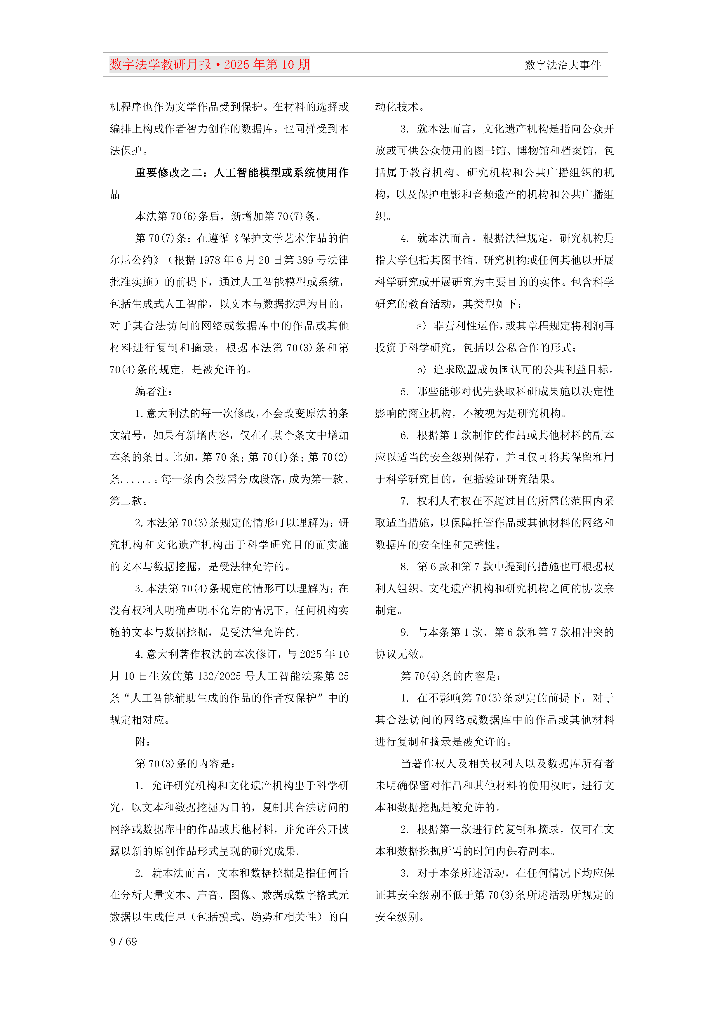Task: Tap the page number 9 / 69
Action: (x=123, y=941)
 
